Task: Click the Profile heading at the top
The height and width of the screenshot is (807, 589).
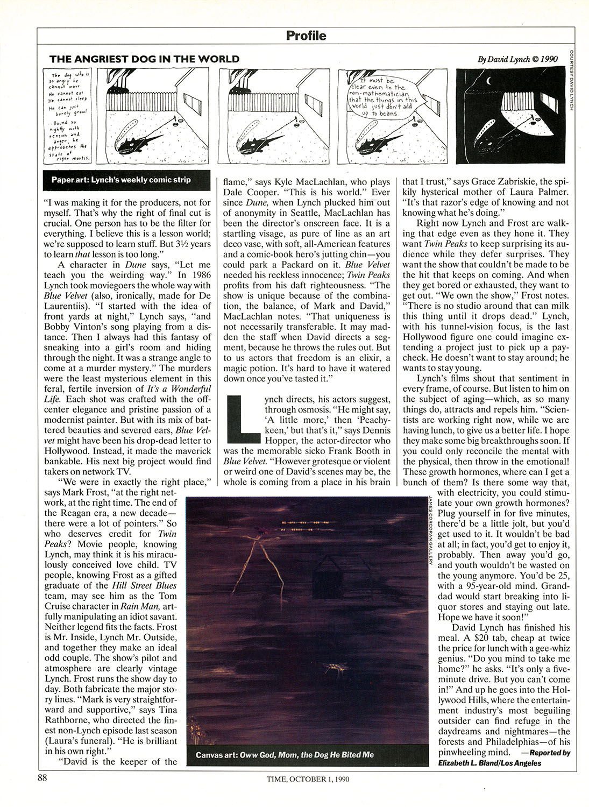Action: tap(306, 36)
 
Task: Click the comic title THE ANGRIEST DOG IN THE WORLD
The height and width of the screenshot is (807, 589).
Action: tap(144, 59)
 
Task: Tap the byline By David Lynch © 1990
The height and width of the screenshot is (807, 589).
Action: tap(517, 59)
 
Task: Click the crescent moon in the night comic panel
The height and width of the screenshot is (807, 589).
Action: tap(489, 81)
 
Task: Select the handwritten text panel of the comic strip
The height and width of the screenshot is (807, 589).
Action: tap(69, 116)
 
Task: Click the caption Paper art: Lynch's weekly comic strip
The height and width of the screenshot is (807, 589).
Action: tap(121, 180)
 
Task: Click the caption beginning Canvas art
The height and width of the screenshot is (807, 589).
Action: tap(285, 755)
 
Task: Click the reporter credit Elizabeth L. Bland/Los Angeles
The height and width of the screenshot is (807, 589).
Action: tap(489, 763)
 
